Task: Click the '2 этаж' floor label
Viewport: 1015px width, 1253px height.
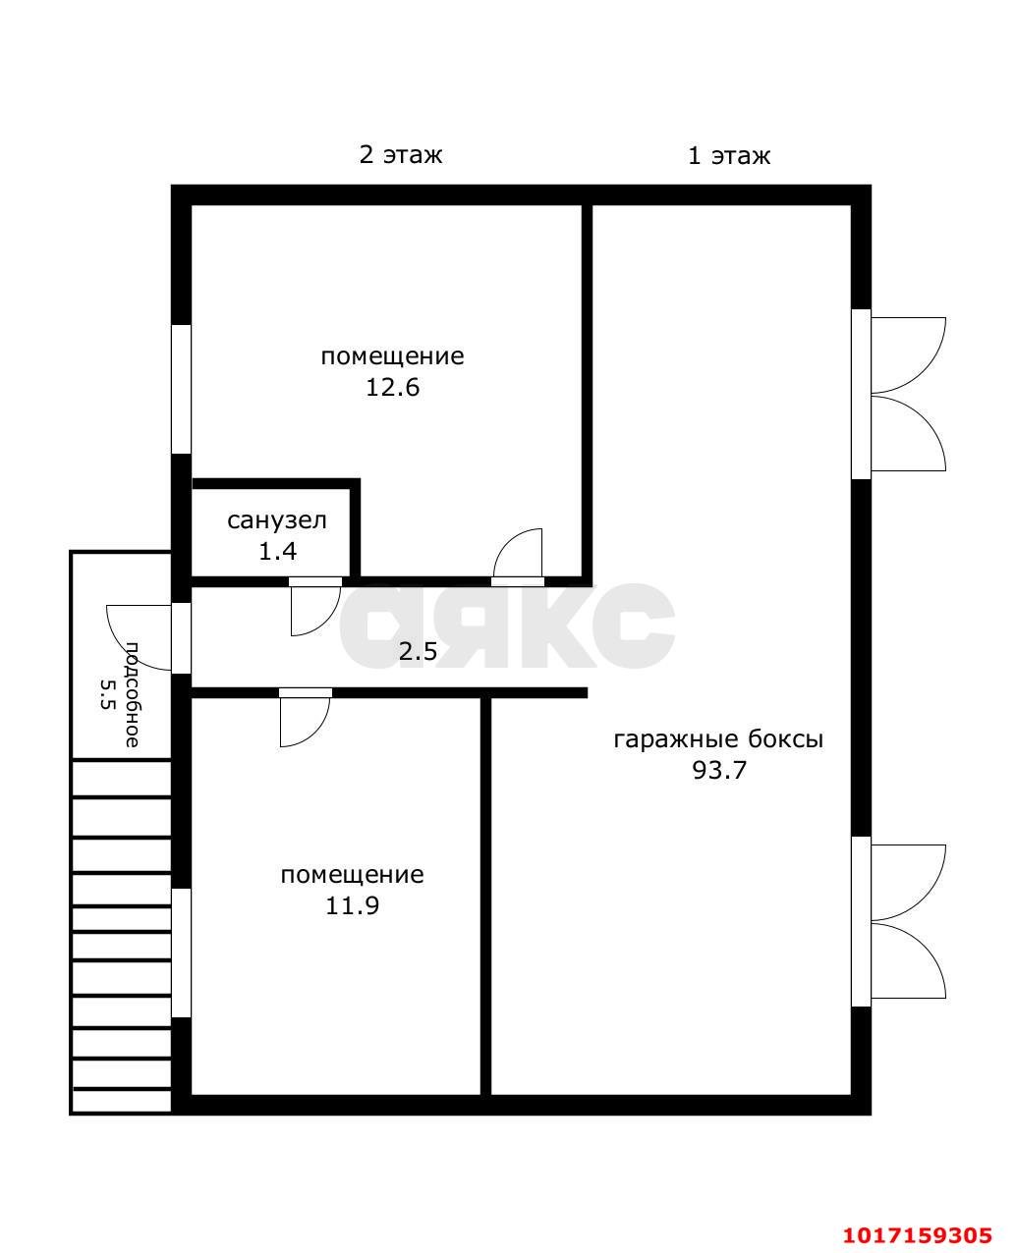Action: point(401,155)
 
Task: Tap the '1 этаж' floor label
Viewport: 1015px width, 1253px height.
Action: point(729,156)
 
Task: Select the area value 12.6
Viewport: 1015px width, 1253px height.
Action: point(392,387)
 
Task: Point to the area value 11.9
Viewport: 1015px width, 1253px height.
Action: point(353,905)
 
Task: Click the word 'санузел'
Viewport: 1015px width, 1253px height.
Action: point(276,520)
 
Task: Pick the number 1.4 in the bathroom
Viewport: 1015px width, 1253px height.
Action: point(278,551)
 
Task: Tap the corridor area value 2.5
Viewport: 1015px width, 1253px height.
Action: point(418,651)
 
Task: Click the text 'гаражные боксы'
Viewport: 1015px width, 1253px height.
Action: point(718,739)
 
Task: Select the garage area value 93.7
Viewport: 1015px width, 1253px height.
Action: point(719,770)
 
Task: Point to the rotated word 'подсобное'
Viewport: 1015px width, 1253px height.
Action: point(132,694)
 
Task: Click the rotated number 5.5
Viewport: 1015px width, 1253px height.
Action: point(106,694)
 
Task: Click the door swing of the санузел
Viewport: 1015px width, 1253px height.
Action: point(314,607)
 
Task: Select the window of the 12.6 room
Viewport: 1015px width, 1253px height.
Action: point(181,389)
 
